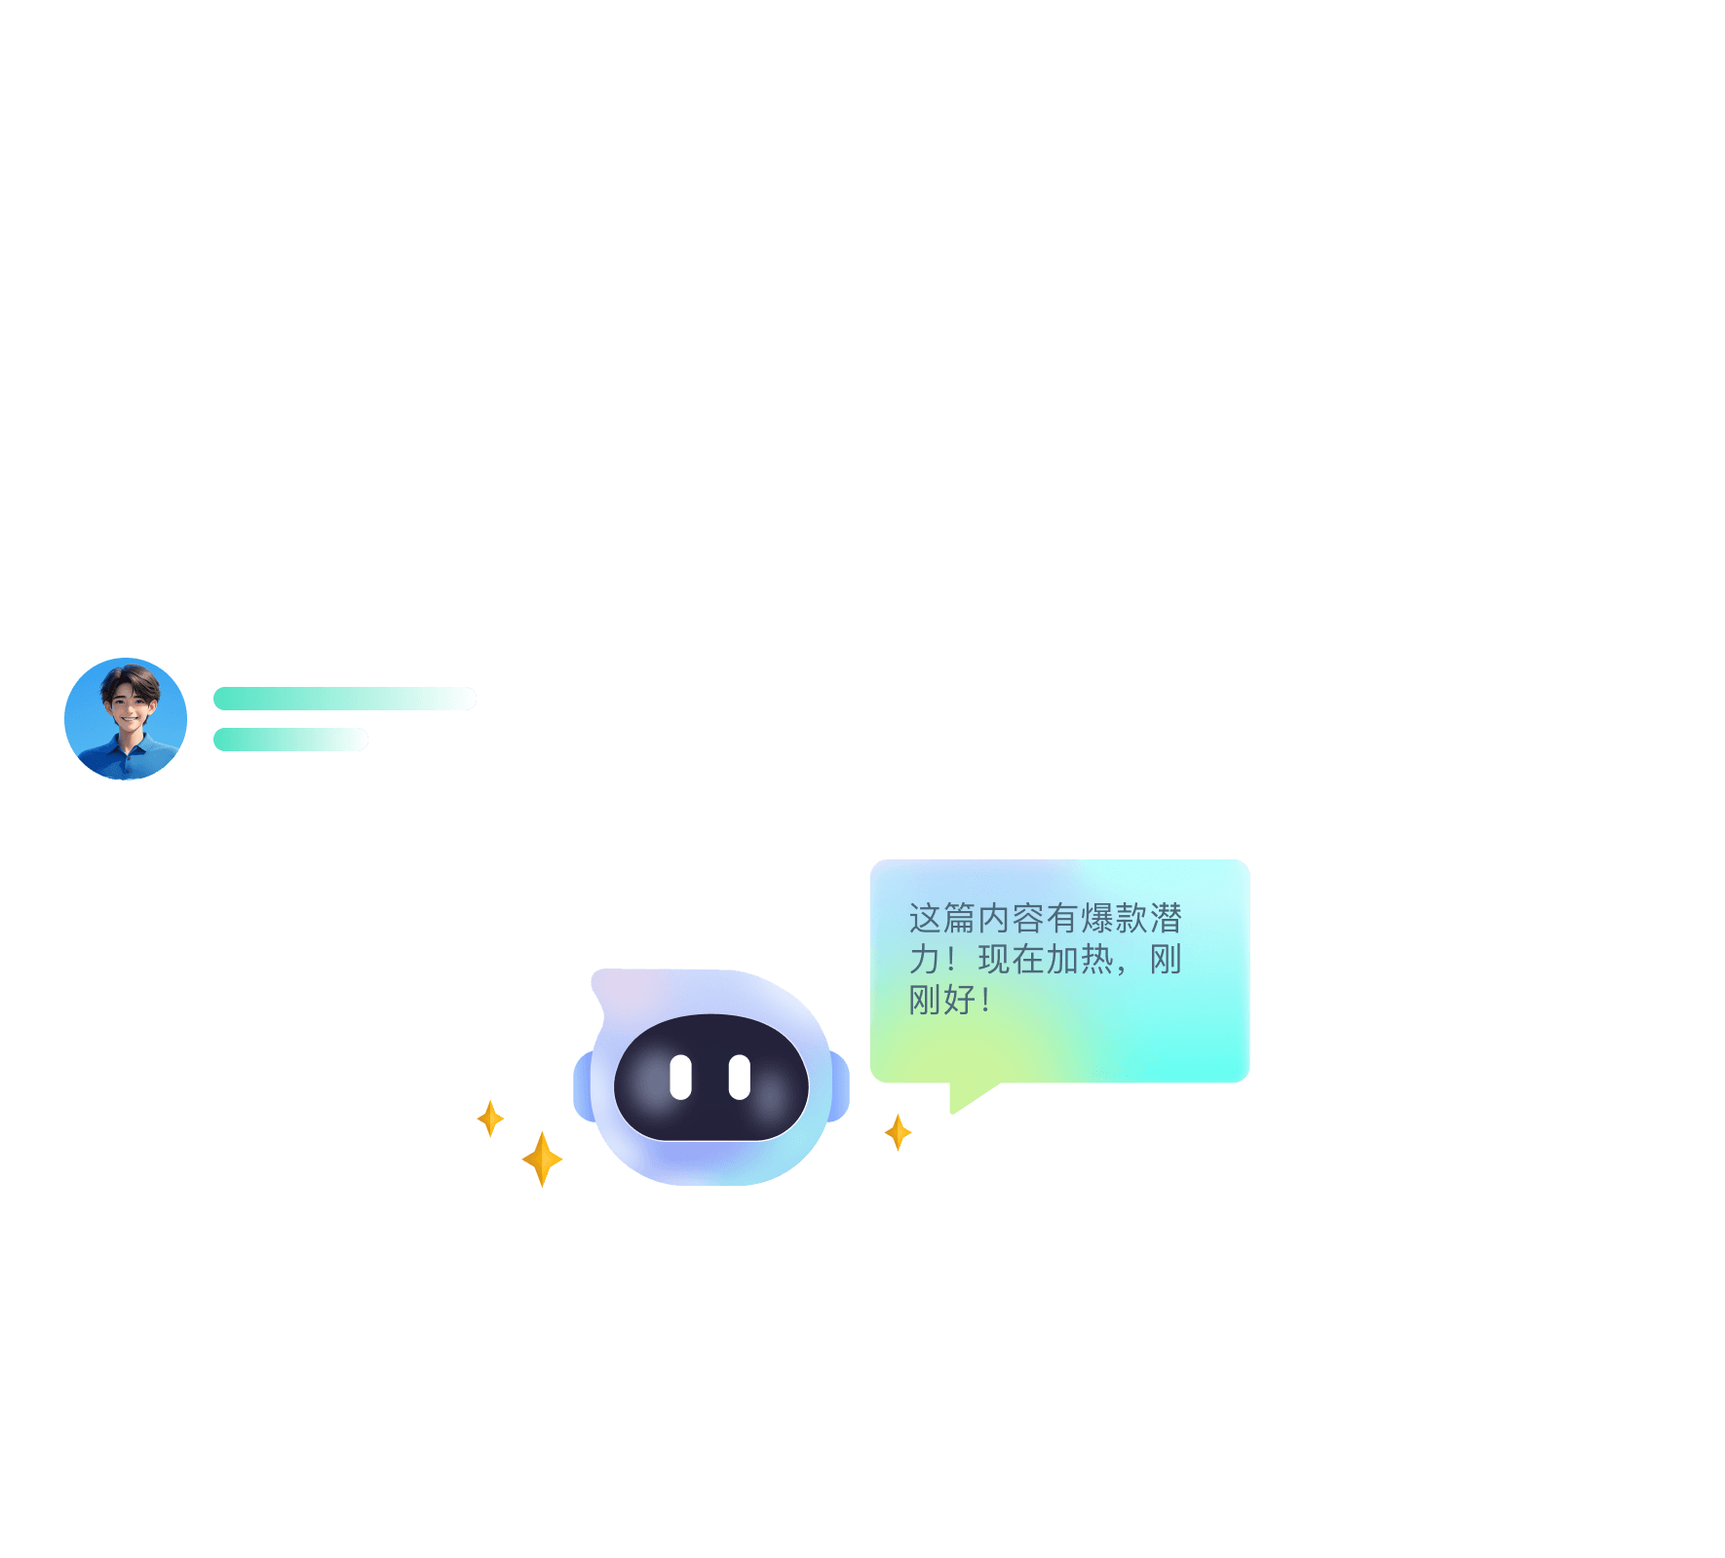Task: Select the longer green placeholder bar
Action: [344, 699]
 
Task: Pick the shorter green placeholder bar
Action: [290, 740]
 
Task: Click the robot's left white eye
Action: [680, 1077]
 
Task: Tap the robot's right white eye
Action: [740, 1077]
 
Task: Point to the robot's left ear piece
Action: [583, 1086]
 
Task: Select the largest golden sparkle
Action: [542, 1159]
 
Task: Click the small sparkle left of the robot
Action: [490, 1119]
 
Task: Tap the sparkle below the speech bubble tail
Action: [898, 1132]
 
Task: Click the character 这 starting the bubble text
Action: [925, 918]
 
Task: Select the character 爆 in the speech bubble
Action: [1096, 918]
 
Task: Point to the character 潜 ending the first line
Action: [1166, 918]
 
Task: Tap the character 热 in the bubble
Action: [1096, 960]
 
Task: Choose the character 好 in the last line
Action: [960, 1001]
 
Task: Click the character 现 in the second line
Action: [994, 960]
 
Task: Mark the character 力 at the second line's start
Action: [924, 960]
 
